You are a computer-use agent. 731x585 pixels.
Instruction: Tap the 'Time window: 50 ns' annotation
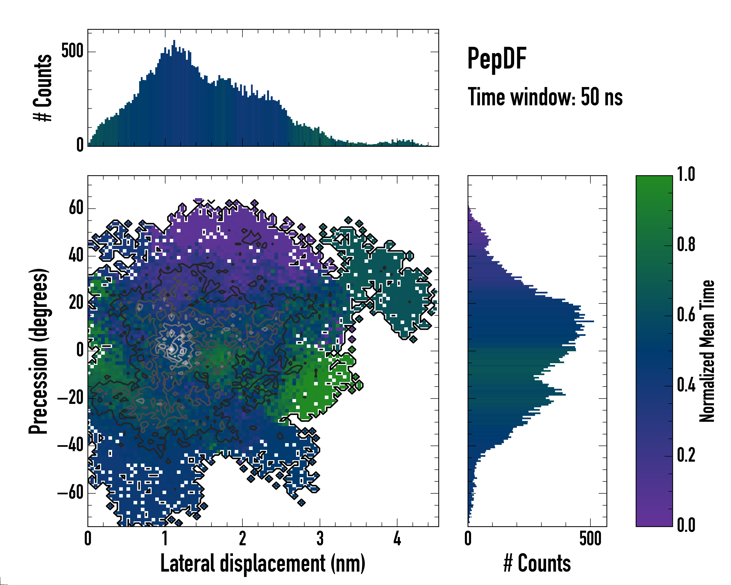pos(545,97)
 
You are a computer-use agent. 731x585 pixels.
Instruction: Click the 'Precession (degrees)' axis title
pos(38,351)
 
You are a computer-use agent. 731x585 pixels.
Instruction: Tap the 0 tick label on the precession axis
pos(80,350)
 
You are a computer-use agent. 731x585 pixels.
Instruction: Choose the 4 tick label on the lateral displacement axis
pos(397,539)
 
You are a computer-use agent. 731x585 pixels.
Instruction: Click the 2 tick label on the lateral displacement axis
pos(242,539)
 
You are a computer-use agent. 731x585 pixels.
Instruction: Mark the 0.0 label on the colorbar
pos(686,525)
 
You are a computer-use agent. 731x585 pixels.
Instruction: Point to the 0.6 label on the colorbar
pos(686,315)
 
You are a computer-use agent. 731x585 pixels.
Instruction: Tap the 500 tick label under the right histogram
pos(590,539)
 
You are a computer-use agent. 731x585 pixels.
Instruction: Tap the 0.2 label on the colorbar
pos(686,455)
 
